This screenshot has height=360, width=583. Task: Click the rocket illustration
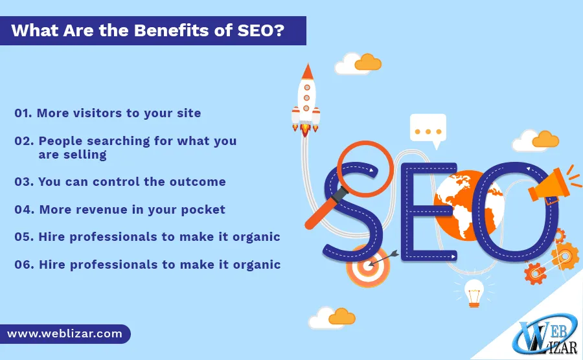306,100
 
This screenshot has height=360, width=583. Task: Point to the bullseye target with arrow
368,266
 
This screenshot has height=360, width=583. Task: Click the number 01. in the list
23,113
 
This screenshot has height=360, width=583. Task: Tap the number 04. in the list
24,209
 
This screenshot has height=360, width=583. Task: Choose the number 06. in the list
24,264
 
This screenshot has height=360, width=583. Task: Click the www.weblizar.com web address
65,334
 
